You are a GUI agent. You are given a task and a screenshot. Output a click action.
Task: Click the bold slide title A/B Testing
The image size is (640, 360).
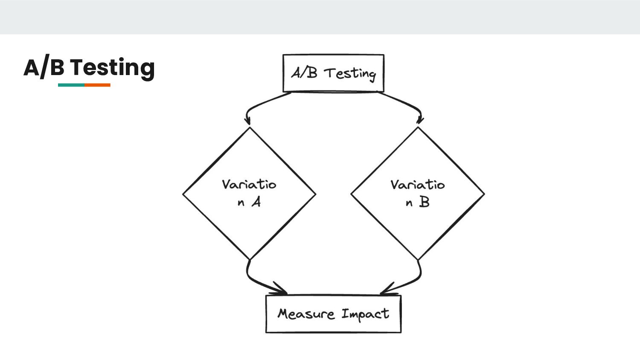pos(89,67)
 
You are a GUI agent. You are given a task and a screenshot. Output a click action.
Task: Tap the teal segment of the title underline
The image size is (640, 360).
pos(71,85)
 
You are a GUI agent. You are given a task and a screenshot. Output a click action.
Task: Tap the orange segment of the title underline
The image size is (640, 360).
pos(97,85)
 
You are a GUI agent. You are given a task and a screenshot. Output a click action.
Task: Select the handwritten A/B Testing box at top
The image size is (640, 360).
pos(333,73)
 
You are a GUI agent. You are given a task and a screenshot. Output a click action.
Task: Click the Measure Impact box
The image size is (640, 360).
pos(333,314)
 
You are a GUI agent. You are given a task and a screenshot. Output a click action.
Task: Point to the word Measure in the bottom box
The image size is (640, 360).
pos(306,314)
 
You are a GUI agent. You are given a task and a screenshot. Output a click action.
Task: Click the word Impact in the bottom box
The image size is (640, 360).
pos(365,314)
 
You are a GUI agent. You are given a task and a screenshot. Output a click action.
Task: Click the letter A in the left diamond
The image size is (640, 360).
pos(256,202)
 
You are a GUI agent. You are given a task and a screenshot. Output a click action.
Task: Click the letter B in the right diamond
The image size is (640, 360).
pos(424,202)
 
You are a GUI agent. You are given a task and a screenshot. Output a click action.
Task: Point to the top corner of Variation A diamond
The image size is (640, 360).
pos(250,128)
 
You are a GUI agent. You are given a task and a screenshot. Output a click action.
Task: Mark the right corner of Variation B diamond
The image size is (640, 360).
pos(484,194)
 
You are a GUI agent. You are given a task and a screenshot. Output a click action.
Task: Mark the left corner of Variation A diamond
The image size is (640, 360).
pos(183,194)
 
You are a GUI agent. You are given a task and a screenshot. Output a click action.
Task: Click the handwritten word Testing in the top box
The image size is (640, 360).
pos(350,73)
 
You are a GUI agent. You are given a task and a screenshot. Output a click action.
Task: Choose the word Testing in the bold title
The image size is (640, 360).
pos(112,67)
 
